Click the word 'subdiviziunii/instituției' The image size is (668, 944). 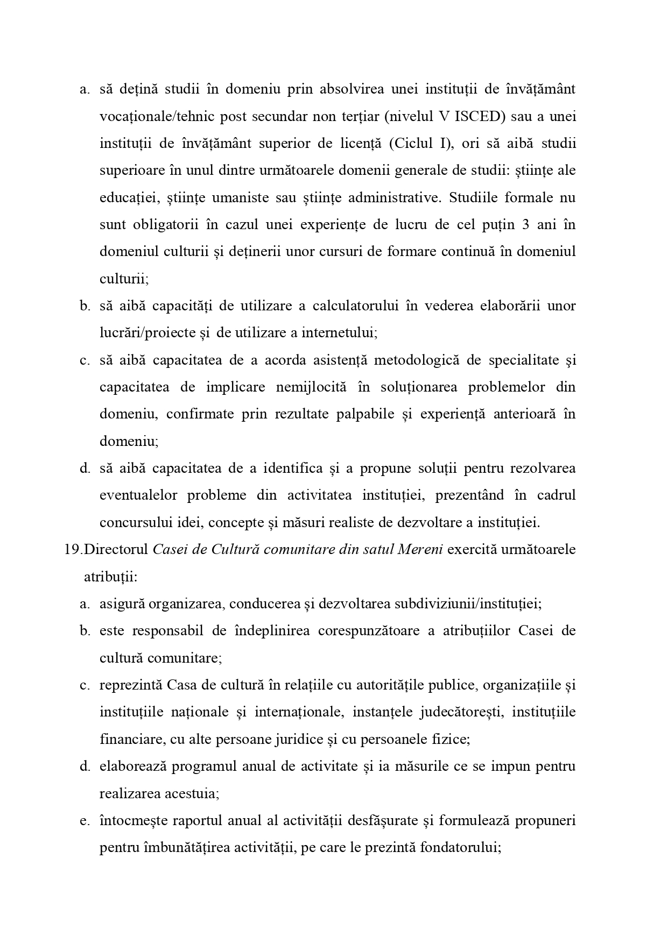[467, 604]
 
